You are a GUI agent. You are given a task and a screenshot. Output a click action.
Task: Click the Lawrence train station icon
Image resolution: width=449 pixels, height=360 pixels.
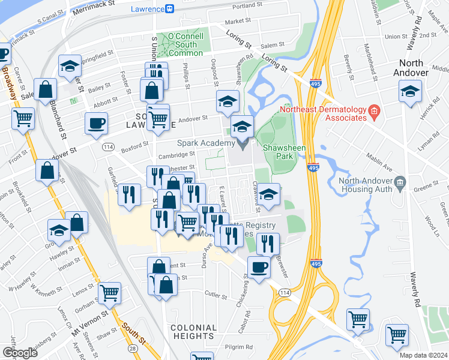click(170, 8)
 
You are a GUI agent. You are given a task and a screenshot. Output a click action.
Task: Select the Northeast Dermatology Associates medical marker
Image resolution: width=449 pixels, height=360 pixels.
click(374, 110)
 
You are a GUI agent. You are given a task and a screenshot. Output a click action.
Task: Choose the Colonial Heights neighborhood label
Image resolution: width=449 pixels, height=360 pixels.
click(193, 332)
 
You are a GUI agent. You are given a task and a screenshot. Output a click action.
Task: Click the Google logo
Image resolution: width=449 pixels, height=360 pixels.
click(19, 352)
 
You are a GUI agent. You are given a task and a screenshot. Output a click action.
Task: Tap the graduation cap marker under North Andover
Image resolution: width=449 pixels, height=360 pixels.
click(410, 92)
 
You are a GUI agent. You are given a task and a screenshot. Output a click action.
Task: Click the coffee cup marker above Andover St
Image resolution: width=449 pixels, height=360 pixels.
click(96, 124)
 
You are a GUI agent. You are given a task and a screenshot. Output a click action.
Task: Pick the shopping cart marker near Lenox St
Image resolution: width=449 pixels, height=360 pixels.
click(110, 293)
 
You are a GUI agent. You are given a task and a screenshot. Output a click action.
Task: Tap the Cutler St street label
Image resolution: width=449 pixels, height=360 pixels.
click(215, 295)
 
